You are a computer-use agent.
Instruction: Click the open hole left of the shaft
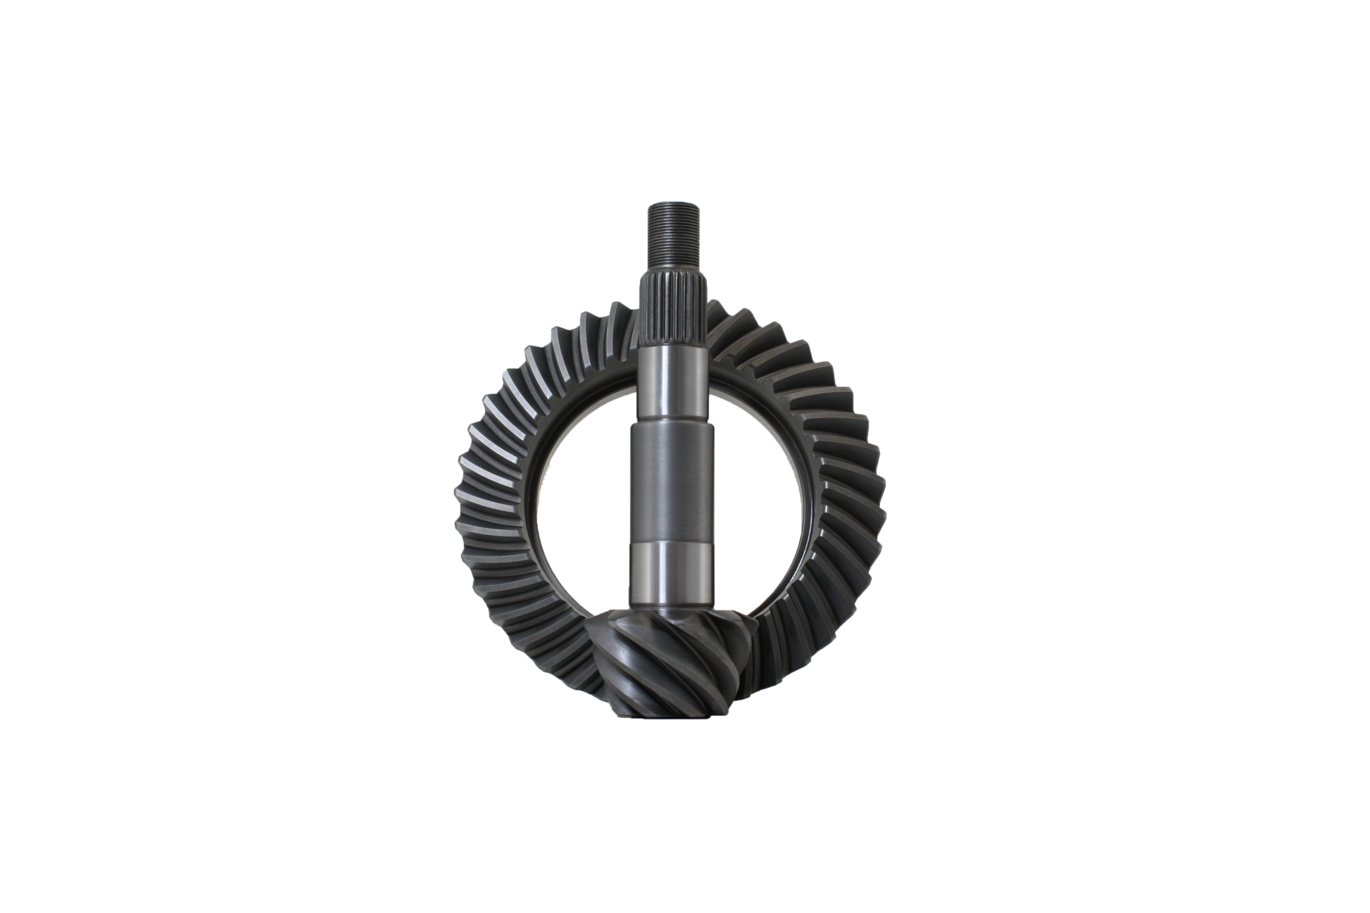[584, 493]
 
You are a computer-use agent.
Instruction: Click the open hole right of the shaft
[760, 493]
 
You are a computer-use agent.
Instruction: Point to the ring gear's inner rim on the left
[542, 493]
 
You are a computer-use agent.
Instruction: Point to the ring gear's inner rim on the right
[806, 493]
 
